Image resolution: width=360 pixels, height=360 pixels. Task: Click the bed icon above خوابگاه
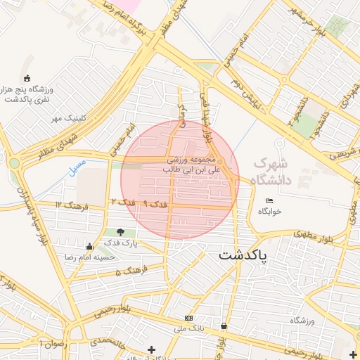point(269,201)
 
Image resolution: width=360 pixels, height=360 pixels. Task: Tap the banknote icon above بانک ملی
point(188,318)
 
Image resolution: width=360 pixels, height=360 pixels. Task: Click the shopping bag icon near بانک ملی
point(224,326)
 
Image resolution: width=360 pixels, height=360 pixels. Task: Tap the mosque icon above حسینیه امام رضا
point(89,246)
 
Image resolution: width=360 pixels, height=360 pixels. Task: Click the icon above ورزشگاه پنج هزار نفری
point(27,78)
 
